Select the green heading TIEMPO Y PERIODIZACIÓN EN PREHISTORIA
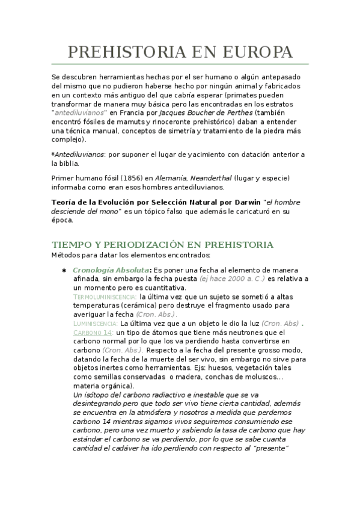162,245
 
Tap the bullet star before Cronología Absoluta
65,270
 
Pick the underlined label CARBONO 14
93,333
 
